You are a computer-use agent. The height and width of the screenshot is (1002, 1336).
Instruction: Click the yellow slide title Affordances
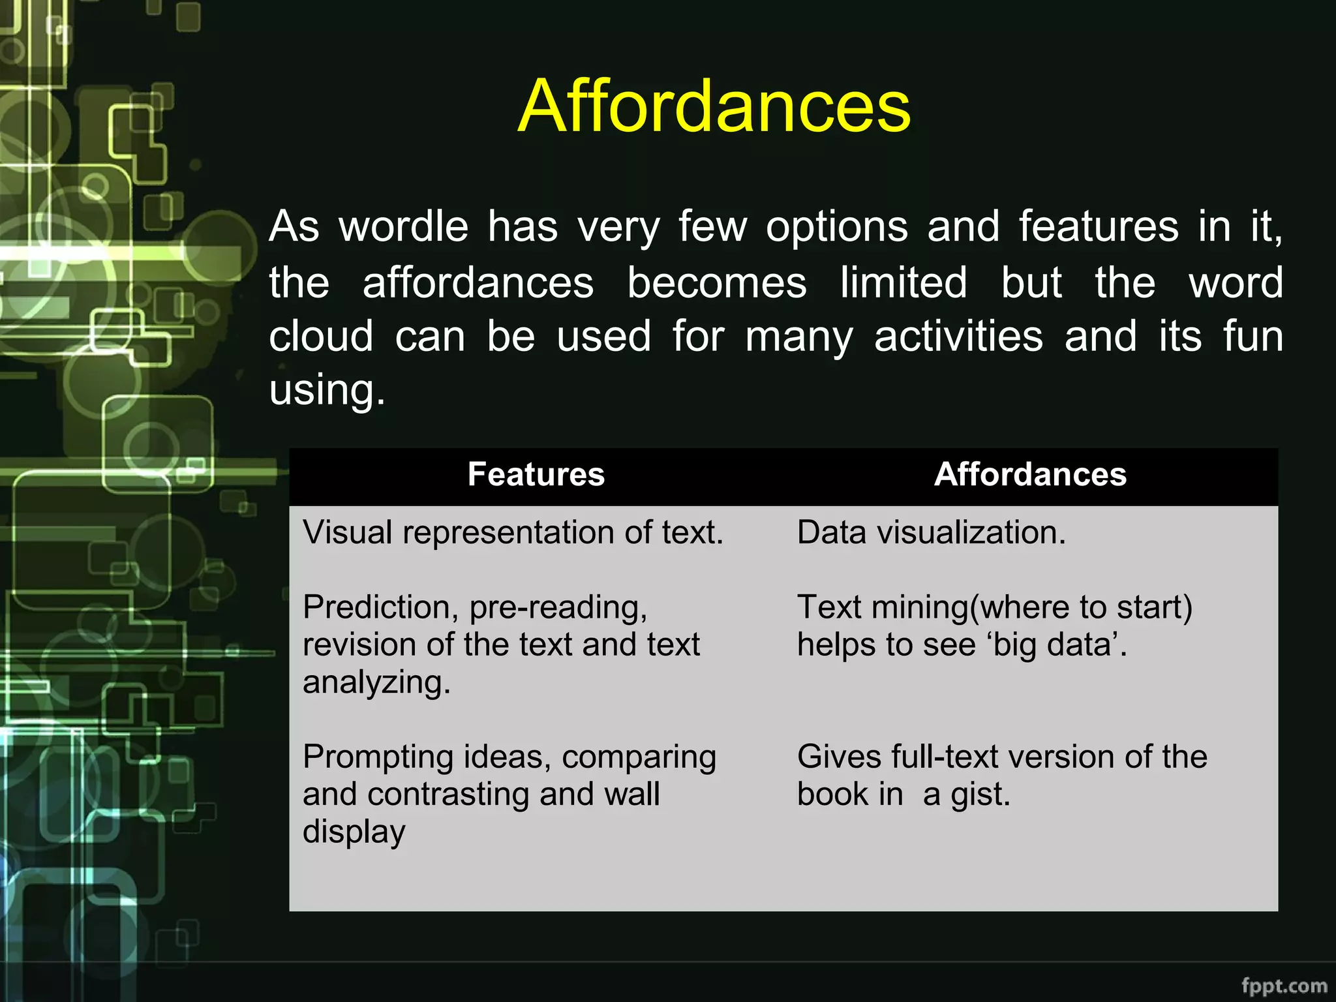pos(714,106)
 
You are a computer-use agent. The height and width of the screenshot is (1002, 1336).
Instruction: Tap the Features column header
pos(536,474)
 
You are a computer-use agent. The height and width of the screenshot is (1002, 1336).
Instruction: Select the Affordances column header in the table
pos(1030,474)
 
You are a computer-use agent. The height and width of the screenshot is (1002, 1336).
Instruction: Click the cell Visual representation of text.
pos(513,532)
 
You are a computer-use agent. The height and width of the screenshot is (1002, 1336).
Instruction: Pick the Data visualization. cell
pos(931,532)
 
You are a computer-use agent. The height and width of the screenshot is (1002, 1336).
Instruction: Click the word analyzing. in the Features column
pos(376,682)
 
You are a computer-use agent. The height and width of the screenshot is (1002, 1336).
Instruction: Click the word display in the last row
pos(354,832)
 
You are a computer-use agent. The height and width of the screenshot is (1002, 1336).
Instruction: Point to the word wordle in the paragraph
pos(403,227)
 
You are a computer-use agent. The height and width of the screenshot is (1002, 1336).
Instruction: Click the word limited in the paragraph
pos(903,282)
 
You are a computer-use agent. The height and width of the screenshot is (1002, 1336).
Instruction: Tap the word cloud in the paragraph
pos(321,337)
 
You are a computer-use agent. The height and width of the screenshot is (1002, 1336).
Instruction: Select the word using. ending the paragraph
pos(327,391)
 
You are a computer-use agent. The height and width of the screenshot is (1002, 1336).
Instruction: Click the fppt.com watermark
pos(1284,985)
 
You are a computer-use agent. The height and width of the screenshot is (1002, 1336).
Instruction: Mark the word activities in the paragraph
pos(958,337)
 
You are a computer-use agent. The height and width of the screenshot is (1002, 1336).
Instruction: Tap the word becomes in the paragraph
pos(716,282)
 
